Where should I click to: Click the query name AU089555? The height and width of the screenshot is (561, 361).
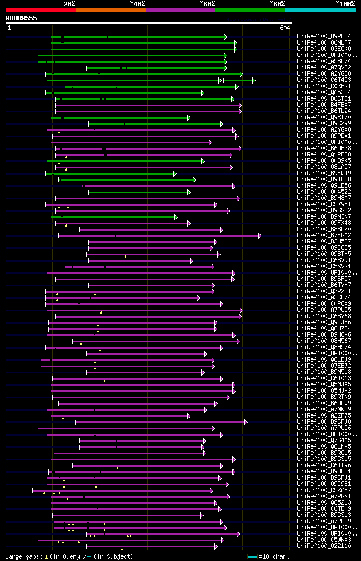pyautogui.click(x=21, y=18)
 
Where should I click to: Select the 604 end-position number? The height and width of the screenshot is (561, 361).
pyautogui.click(x=285, y=28)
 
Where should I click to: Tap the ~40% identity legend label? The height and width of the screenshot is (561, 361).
pyautogui.click(x=137, y=3)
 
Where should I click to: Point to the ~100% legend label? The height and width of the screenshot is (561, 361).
pyautogui.click(x=345, y=3)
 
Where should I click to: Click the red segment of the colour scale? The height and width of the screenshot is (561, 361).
pyautogui.click(x=39, y=10)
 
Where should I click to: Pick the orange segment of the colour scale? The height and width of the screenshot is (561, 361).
pyautogui.click(x=110, y=10)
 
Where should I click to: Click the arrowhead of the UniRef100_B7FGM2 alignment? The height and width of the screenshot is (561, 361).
pyautogui.click(x=259, y=235)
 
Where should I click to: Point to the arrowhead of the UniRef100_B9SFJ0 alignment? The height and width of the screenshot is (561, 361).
pyautogui.click(x=245, y=421)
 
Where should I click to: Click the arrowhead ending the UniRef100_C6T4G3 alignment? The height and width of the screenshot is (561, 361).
pyautogui.click(x=253, y=80)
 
